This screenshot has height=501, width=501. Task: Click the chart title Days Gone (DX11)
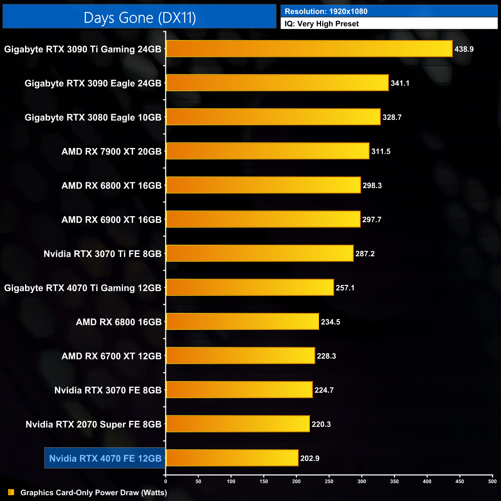click(x=140, y=18)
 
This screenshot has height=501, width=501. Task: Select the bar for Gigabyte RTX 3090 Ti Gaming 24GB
click(x=309, y=49)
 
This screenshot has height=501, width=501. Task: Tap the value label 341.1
click(x=400, y=83)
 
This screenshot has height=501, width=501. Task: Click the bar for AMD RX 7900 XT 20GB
click(x=267, y=151)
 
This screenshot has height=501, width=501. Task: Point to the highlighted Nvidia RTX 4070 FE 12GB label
click(x=105, y=458)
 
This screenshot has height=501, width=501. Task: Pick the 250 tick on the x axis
click(x=329, y=481)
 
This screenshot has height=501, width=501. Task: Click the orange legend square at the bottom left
click(x=11, y=492)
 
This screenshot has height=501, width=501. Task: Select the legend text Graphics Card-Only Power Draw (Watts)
click(x=94, y=493)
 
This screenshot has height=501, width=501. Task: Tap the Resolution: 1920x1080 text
click(x=326, y=12)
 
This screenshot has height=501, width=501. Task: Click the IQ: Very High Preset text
click(x=321, y=24)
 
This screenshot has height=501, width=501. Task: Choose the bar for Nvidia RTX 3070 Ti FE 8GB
click(x=259, y=253)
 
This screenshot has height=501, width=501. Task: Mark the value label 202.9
click(x=309, y=458)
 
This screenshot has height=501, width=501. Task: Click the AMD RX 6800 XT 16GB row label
click(x=111, y=185)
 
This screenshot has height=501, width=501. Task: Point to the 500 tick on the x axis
click(x=492, y=481)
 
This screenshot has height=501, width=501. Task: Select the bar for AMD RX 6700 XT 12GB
click(x=240, y=356)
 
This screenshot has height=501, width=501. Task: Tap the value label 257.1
click(x=345, y=288)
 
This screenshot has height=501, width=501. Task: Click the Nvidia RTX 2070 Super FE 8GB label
click(x=93, y=424)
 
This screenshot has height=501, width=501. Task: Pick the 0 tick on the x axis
click(x=166, y=481)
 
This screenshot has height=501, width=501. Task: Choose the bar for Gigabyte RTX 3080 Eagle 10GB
click(x=273, y=117)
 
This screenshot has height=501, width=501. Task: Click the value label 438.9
click(x=464, y=49)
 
